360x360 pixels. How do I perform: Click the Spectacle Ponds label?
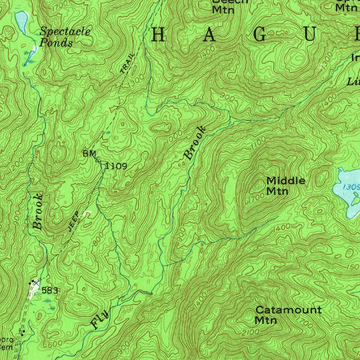(65, 37)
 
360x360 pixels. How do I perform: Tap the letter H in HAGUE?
(159, 36)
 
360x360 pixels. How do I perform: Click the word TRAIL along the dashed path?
(127, 63)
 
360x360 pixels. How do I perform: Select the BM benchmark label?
(87, 154)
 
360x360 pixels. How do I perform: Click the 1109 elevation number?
(116, 166)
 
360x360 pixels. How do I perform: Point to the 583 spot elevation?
(50, 290)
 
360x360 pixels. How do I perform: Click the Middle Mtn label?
(285, 186)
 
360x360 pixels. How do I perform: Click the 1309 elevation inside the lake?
(352, 187)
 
